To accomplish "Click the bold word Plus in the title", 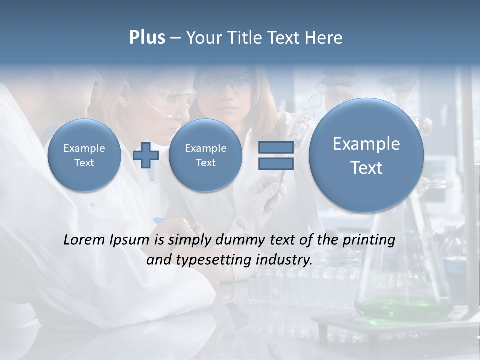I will (x=147, y=38).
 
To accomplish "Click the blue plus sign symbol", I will (x=146, y=155).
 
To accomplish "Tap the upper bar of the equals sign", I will (x=275, y=147).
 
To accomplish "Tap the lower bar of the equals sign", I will (x=275, y=164).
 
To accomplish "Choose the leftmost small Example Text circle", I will (x=84, y=155).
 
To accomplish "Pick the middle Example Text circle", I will (x=205, y=155).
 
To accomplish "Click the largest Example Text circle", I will (x=366, y=155).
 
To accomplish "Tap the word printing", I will (x=369, y=240).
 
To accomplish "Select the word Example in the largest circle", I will (x=366, y=144).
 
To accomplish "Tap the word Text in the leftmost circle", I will (x=84, y=163).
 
